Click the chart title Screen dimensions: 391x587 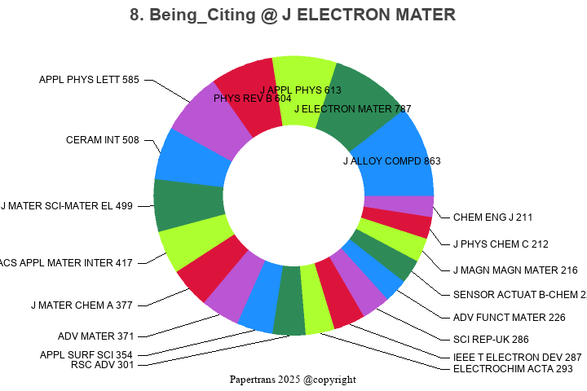293,15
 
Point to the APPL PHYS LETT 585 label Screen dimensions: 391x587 90,80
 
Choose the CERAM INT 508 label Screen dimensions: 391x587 103,140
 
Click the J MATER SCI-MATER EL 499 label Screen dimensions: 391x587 67,206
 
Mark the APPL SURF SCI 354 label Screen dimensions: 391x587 86,355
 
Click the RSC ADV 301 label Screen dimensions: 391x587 103,364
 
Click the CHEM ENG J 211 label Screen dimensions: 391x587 492,217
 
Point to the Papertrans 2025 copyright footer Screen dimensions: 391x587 293,380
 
